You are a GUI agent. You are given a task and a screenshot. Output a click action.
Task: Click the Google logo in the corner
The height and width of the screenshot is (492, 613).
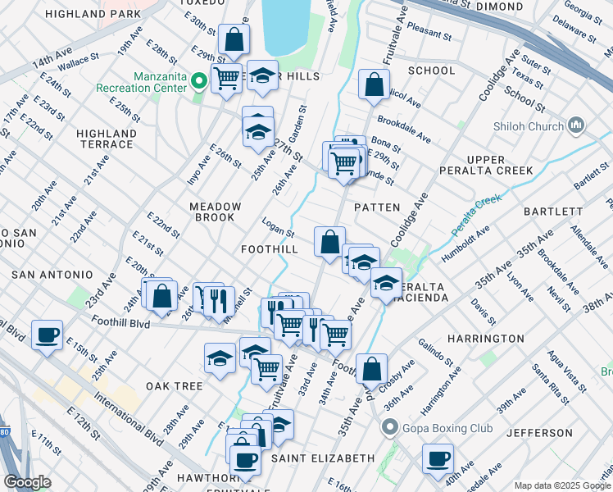27,482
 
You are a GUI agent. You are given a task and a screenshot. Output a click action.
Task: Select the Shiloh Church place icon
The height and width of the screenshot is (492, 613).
575,125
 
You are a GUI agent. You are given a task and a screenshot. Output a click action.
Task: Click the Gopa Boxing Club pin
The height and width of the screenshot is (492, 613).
390,427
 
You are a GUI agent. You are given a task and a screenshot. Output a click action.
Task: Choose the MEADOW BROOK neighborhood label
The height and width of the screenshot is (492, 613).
216,212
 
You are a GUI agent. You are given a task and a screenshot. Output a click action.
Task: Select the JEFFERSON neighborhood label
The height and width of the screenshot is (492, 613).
539,432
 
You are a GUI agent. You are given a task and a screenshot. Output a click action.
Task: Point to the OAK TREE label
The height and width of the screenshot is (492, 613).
174,385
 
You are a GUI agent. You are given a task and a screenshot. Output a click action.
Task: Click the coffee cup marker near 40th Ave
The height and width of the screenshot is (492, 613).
438,458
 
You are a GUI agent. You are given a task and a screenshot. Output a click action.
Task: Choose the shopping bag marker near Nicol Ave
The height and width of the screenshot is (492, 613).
374,84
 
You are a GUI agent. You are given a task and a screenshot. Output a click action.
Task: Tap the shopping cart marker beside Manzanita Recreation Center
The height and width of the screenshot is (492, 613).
226,79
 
